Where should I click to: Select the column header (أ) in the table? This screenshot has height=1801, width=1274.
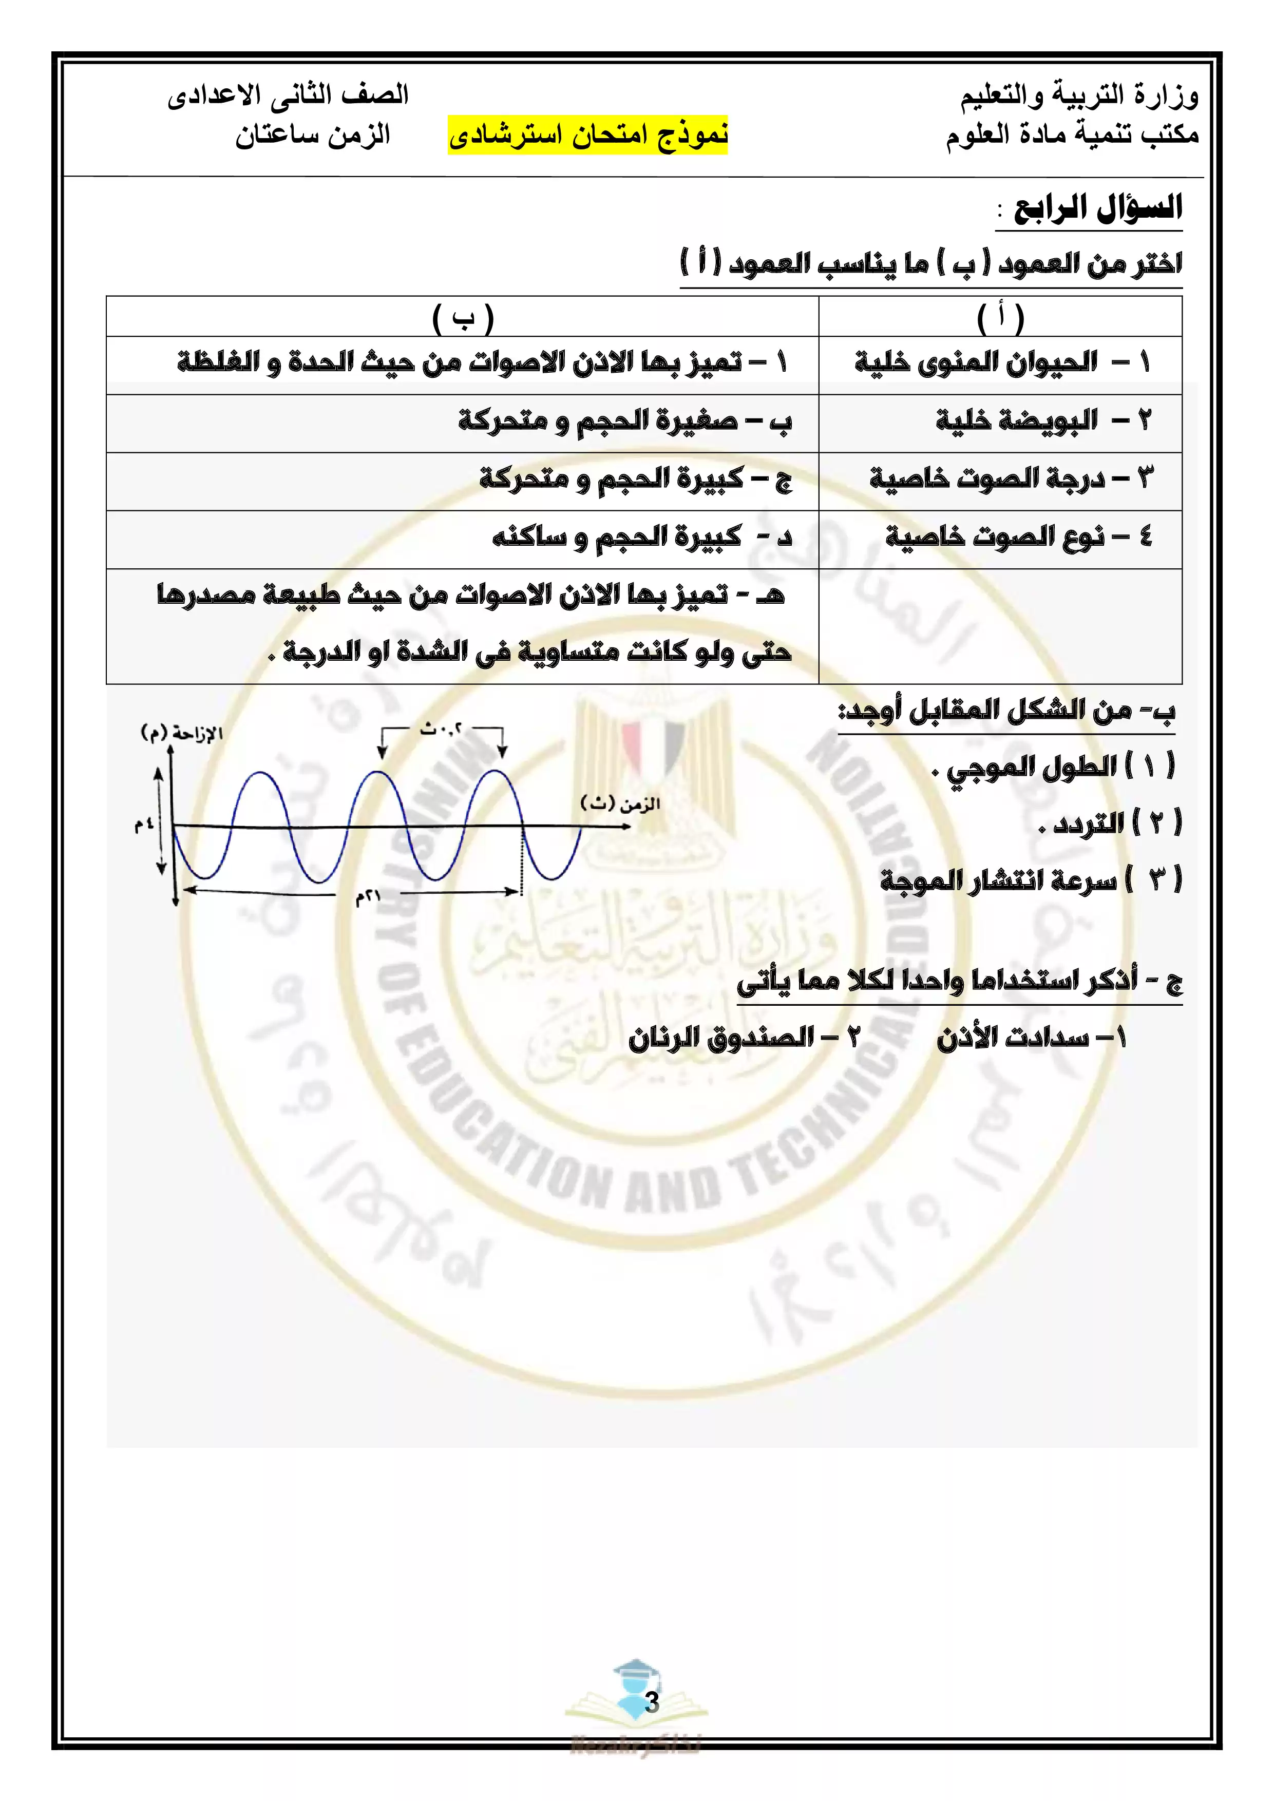[x=1000, y=318]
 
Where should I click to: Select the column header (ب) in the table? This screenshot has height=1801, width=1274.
[x=463, y=318]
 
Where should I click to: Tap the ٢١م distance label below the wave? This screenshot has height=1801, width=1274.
[x=367, y=897]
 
